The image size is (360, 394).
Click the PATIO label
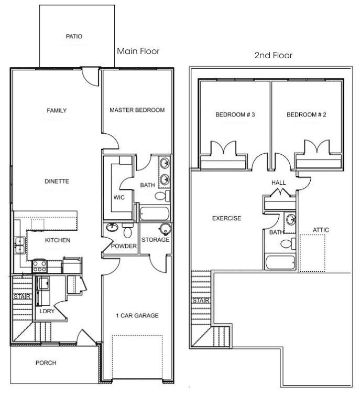pos(74,37)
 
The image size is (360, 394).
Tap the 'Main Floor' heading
pos(138,51)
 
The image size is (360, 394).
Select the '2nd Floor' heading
pos(273,55)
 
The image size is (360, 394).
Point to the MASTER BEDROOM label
pos(137,110)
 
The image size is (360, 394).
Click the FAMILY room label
pos(57,111)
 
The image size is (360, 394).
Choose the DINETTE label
pos(57,182)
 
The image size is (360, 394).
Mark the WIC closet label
pos(118,197)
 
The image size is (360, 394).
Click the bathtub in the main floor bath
pos(154,214)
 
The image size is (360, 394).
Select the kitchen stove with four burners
pos(40,266)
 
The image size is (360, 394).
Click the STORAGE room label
pos(156,240)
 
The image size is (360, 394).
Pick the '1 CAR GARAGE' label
pos(137,315)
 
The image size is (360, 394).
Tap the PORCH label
pos(46,363)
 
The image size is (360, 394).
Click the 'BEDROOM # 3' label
pos(235,114)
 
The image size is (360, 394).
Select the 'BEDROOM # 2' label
pos(307,114)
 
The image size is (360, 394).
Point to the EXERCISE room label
pos(226,218)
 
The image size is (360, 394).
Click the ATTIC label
pos(321,230)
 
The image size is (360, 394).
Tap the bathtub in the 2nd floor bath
pos(280,262)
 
